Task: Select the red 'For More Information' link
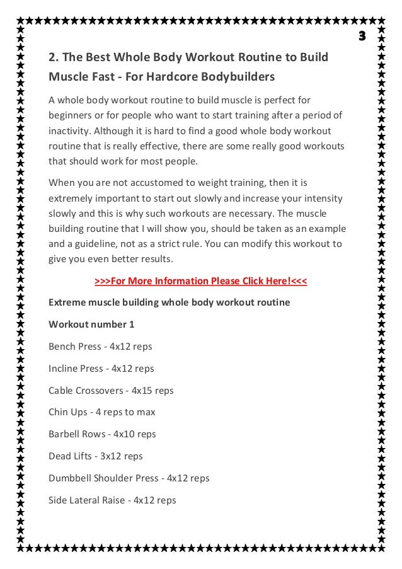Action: (x=200, y=280)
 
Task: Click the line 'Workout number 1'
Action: (x=91, y=325)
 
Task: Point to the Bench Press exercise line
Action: (x=100, y=347)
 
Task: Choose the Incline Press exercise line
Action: (x=101, y=369)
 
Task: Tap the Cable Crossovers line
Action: (x=111, y=390)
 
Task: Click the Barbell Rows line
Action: (x=102, y=434)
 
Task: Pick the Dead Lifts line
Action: (x=96, y=456)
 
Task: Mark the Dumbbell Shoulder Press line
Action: (x=129, y=478)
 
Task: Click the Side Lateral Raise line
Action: (x=112, y=500)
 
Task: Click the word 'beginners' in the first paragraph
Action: (x=69, y=116)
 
